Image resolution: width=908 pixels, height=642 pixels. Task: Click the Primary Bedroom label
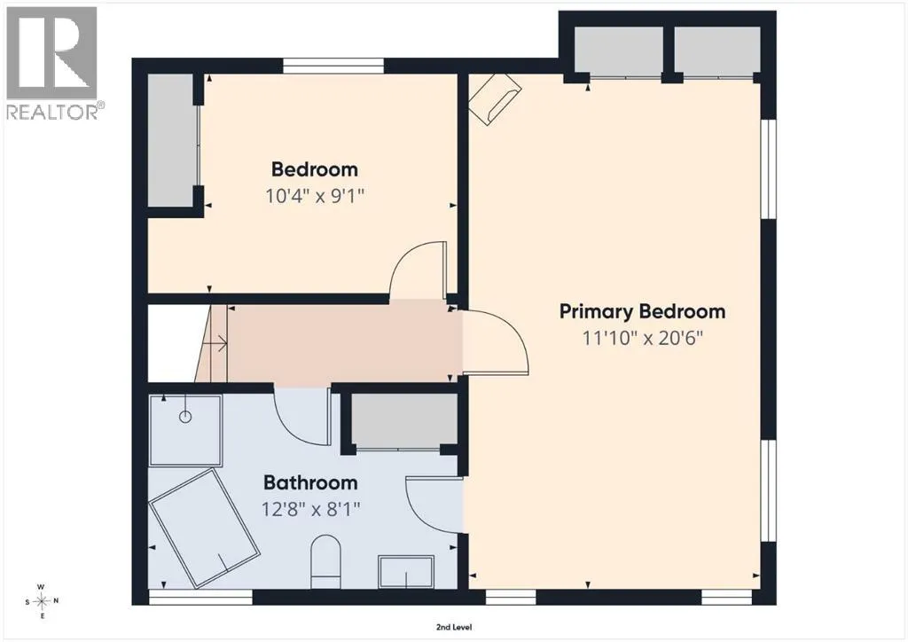(642, 311)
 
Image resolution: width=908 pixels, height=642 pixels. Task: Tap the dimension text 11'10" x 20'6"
(642, 338)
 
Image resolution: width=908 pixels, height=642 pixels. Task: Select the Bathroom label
(310, 482)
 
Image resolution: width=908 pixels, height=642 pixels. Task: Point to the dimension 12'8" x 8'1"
(310, 509)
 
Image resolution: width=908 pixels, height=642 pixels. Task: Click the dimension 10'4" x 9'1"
(315, 196)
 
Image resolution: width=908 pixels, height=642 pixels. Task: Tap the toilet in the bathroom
(326, 561)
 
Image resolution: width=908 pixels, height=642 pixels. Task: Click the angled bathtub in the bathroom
(204, 528)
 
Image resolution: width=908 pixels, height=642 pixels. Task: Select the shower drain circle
(185, 416)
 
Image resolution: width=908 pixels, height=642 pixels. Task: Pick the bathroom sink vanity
(406, 572)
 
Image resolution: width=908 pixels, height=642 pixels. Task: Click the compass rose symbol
(41, 601)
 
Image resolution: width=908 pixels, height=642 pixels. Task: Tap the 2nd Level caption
(454, 627)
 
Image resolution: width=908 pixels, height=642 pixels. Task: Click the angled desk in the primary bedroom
(495, 98)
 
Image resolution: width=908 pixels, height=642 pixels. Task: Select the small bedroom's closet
(170, 140)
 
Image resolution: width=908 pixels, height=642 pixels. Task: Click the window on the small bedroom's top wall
(333, 66)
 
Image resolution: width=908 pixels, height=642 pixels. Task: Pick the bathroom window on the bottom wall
(201, 598)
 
